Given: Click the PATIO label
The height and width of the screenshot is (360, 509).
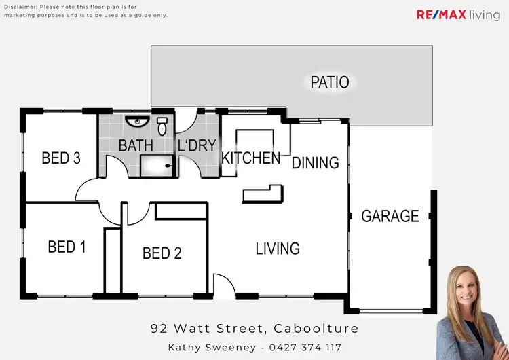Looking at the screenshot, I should click(330, 83).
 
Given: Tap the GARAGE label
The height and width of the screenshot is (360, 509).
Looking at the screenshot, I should click(390, 216).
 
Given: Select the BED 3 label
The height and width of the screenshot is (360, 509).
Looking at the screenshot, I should click(61, 158).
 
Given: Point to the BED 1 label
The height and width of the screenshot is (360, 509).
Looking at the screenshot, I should click(67, 247).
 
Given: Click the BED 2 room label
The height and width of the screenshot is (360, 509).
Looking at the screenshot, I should click(162, 253).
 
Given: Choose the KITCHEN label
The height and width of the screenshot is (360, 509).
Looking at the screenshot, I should click(250, 158).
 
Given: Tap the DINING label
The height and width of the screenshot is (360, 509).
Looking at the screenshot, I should click(315, 163).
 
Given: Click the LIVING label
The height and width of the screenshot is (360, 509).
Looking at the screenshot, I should click(278, 249).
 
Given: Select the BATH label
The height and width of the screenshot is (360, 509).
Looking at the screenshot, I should click(136, 145).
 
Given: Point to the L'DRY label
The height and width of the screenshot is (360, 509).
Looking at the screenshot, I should click(196, 145).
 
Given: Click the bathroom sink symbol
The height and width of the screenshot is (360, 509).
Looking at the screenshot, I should click(137, 122).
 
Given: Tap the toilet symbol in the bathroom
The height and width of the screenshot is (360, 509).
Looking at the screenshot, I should click(162, 126).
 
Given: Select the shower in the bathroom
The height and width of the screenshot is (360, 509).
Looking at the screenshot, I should click(156, 165).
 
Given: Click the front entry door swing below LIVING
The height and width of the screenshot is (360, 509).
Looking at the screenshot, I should click(223, 285).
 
